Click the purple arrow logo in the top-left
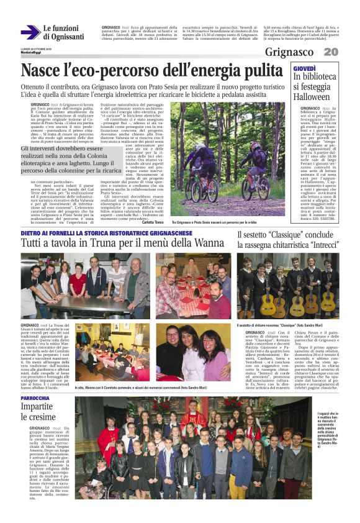pyautogui.click(x=30, y=33)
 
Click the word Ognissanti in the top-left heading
pyautogui.click(x=63, y=37)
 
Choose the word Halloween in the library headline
pyautogui.click(x=315, y=98)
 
